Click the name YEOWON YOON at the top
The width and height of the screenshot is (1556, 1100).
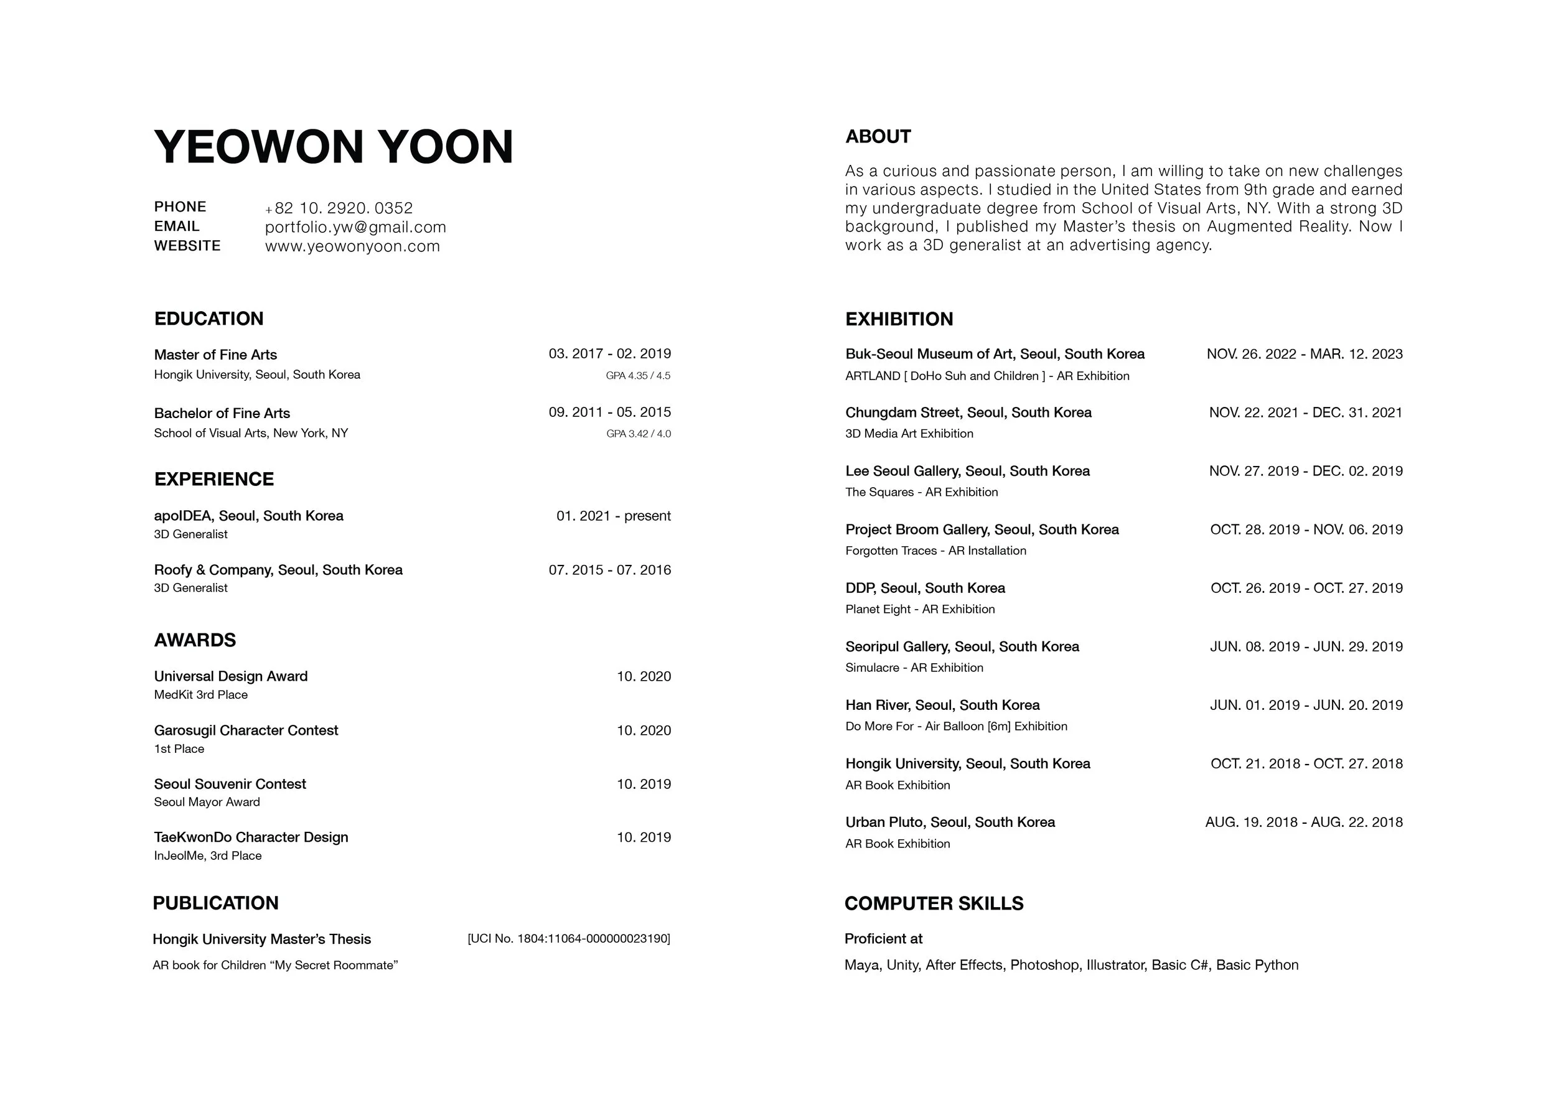[334, 147]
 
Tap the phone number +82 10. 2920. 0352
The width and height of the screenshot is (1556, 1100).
[339, 208]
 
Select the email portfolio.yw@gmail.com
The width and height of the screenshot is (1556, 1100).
[355, 227]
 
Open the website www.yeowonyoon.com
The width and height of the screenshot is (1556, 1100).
[352, 246]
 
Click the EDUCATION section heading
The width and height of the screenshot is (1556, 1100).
[209, 319]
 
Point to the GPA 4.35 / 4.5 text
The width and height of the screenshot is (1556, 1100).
[638, 375]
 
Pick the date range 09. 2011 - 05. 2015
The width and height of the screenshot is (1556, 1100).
[610, 412]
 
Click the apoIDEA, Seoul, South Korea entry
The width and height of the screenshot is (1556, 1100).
[249, 515]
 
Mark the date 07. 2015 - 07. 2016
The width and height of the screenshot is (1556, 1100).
[610, 570]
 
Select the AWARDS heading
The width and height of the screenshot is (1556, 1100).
[195, 640]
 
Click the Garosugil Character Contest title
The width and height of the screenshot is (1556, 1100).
[246, 730]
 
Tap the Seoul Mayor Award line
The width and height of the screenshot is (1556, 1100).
[207, 802]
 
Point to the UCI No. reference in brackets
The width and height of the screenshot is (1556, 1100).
[569, 939]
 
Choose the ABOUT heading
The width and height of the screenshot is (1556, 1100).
[878, 137]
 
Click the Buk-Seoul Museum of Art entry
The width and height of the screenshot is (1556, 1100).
[995, 353]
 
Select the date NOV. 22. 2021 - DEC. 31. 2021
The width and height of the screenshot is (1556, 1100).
[1305, 412]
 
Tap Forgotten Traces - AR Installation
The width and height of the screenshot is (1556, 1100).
[936, 551]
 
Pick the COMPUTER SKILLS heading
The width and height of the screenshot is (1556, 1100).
[934, 903]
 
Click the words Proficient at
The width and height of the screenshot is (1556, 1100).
[884, 939]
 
